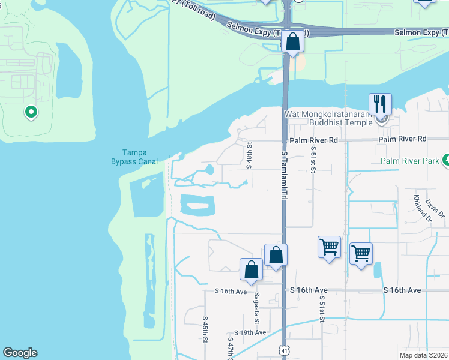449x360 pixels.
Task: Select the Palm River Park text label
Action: pyautogui.click(x=410, y=161)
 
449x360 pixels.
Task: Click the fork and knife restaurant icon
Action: pyautogui.click(x=380, y=104)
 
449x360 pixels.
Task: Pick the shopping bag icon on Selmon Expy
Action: pyautogui.click(x=292, y=42)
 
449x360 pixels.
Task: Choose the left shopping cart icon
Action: pyautogui.click(x=329, y=246)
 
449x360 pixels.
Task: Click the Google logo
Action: pyautogui.click(x=20, y=353)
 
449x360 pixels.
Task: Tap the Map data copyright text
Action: pyautogui.click(x=424, y=355)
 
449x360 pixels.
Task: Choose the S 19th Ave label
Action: pyautogui.click(x=250, y=332)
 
